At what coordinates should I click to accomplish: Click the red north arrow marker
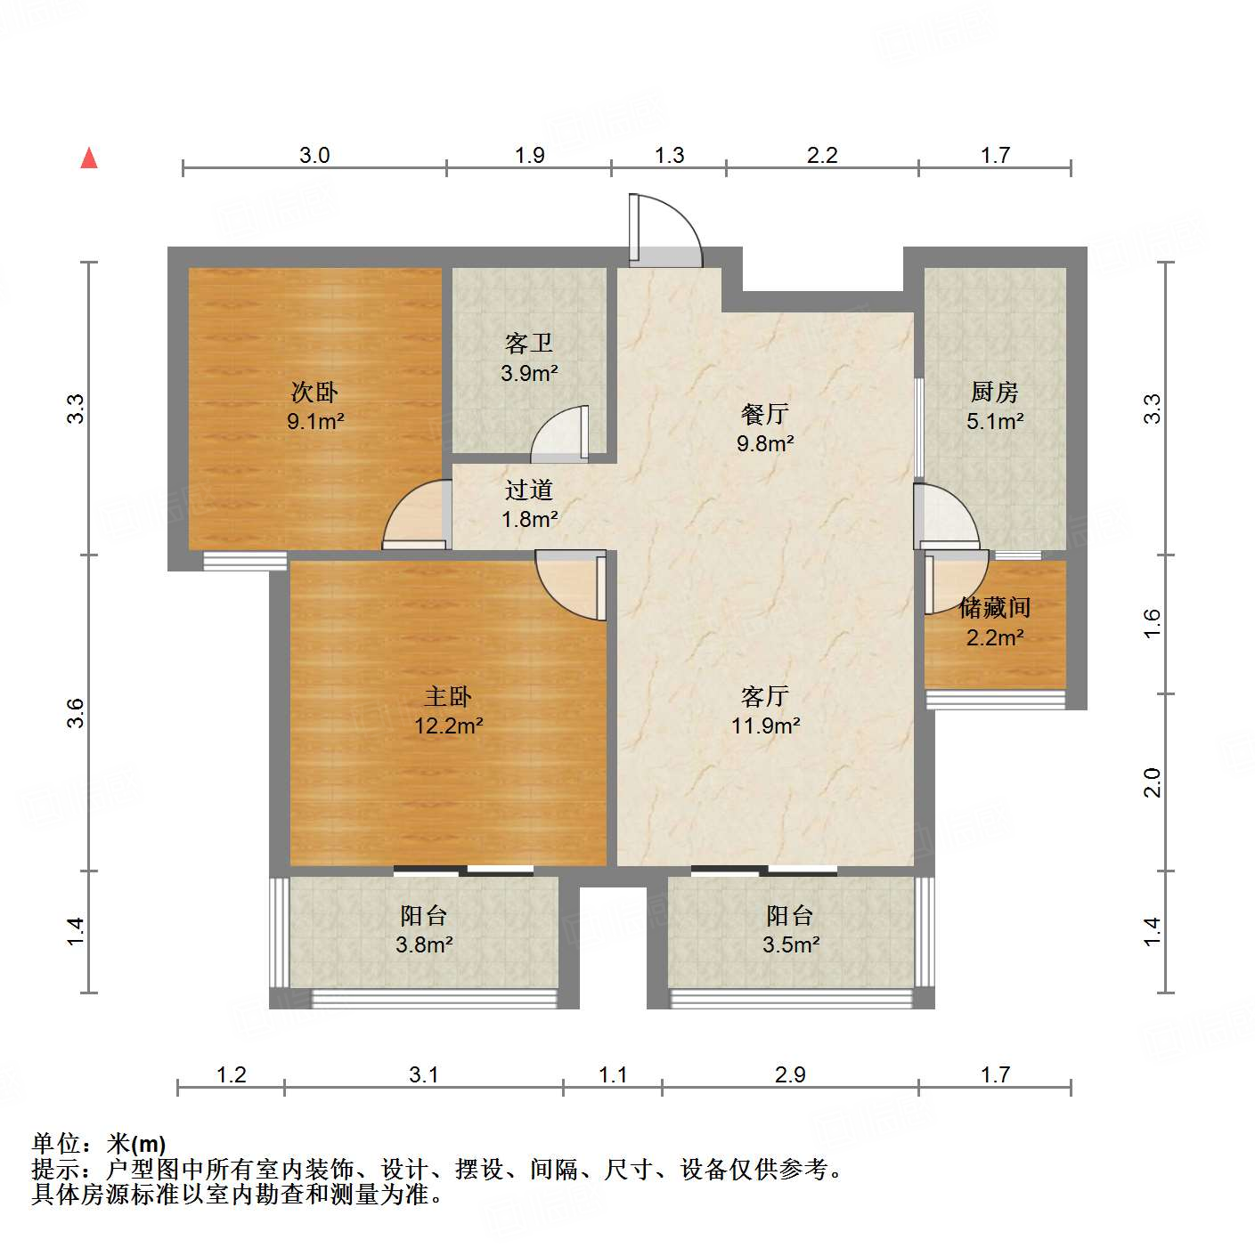tap(89, 158)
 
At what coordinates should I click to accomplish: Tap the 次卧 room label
tap(314, 392)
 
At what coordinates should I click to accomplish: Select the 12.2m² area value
tap(448, 726)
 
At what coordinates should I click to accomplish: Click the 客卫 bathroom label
tap(529, 343)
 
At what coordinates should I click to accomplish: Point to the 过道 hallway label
tap(529, 490)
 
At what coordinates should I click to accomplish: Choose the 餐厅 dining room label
tap(764, 414)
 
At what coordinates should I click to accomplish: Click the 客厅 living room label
tap(764, 696)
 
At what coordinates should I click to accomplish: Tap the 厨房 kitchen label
tap(994, 392)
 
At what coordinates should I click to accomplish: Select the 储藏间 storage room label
tap(995, 608)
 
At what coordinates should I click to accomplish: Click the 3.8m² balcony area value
tap(424, 944)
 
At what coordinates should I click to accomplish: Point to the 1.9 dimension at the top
tap(529, 156)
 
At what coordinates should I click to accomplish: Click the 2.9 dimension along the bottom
tap(790, 1075)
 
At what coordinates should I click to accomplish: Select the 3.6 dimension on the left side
tap(77, 713)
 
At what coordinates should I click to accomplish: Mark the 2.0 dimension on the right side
tap(1153, 782)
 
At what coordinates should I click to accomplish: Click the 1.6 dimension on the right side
tap(1153, 623)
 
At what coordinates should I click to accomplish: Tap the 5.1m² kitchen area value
tap(995, 421)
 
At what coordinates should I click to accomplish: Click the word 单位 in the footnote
tap(56, 1144)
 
